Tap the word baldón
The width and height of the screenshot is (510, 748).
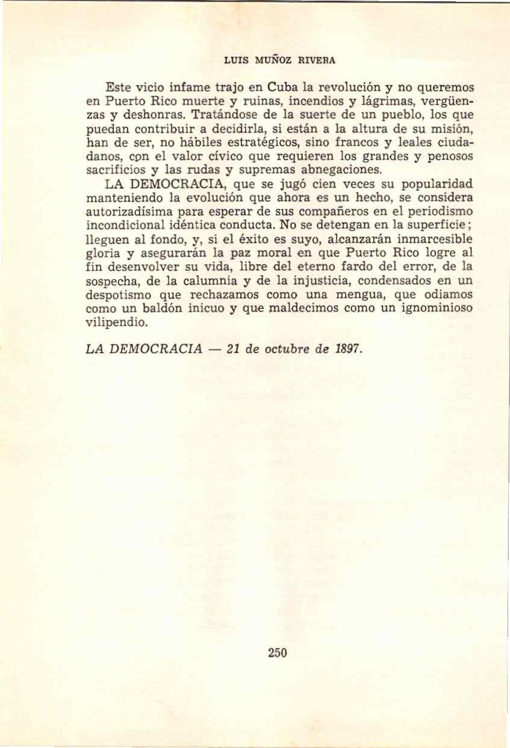(x=157, y=309)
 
